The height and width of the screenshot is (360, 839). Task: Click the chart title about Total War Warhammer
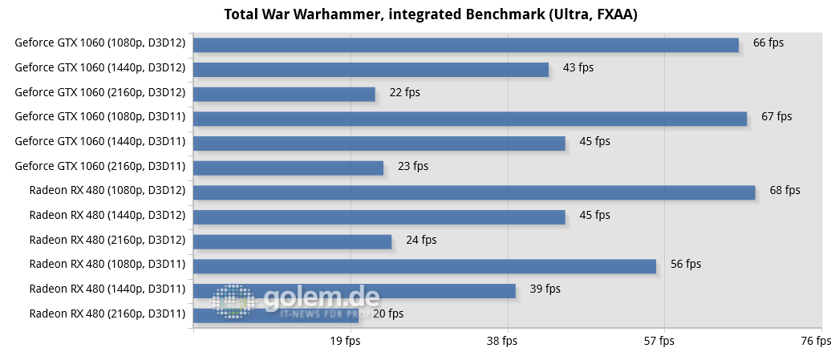pyautogui.click(x=419, y=14)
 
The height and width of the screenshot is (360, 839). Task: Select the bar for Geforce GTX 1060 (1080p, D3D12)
pyautogui.click(x=465, y=45)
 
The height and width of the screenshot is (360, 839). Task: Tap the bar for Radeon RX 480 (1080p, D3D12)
pyautogui.click(x=473, y=192)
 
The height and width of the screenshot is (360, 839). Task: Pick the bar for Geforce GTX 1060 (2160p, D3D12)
pyautogui.click(x=284, y=94)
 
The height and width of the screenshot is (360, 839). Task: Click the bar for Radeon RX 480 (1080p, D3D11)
pyautogui.click(x=424, y=265)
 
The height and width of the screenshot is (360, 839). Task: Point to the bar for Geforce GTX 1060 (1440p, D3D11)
pyautogui.click(x=379, y=143)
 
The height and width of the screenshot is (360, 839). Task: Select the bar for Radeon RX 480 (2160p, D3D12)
pyautogui.click(x=292, y=241)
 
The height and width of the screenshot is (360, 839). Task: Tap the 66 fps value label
pyautogui.click(x=768, y=43)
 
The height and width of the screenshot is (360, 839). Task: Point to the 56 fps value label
pyautogui.click(x=686, y=264)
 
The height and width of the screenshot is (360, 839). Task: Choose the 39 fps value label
pyautogui.click(x=545, y=289)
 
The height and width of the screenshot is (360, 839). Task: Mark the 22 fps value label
pyautogui.click(x=404, y=92)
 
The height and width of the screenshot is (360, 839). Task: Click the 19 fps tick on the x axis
pyautogui.click(x=347, y=342)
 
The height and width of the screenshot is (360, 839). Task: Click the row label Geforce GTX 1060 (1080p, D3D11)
pyautogui.click(x=100, y=117)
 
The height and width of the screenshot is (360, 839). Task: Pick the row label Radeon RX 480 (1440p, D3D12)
pyautogui.click(x=107, y=215)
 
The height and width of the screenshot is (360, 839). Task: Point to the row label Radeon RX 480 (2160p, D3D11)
pyautogui.click(x=107, y=313)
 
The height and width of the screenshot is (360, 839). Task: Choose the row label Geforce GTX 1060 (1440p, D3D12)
pyautogui.click(x=100, y=68)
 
